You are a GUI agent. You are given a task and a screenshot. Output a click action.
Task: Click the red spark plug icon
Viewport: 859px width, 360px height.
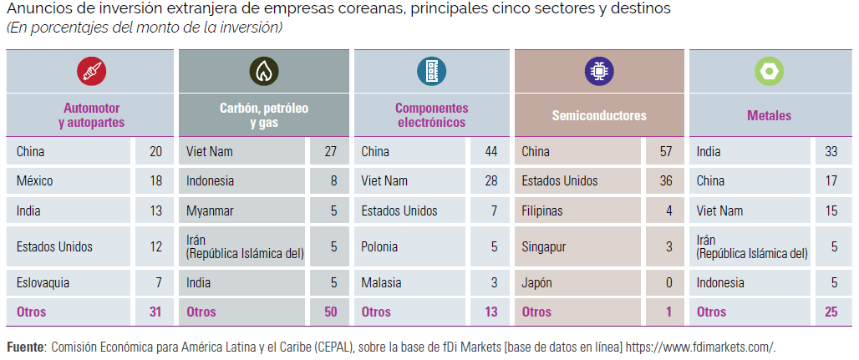click(91, 71)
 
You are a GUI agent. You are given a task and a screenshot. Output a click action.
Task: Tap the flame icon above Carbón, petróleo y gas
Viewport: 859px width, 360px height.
click(263, 71)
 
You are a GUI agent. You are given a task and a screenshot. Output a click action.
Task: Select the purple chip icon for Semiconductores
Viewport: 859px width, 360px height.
click(599, 71)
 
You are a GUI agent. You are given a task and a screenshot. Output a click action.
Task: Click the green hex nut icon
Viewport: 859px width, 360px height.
click(769, 71)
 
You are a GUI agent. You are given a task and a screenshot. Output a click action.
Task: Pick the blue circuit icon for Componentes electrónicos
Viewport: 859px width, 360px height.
click(432, 71)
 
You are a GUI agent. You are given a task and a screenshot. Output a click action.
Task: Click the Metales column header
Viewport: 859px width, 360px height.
click(769, 115)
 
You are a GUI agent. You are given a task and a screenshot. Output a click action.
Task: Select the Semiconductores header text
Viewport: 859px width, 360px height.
click(599, 115)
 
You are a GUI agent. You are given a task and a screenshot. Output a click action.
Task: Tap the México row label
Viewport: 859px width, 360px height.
click(35, 180)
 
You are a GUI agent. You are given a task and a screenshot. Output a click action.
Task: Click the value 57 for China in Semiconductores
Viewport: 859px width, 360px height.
click(666, 152)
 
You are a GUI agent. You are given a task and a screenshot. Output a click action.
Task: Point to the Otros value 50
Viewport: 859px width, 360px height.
click(330, 312)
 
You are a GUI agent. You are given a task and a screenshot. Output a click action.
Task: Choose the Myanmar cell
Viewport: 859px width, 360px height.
click(210, 210)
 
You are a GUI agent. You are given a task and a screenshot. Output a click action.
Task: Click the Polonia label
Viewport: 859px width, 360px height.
click(379, 246)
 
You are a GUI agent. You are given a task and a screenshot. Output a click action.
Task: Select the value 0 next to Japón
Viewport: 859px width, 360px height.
click(669, 283)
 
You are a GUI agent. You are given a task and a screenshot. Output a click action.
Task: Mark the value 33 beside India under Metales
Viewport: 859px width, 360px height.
click(831, 152)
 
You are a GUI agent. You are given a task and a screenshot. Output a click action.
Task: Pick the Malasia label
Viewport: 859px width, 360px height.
click(381, 283)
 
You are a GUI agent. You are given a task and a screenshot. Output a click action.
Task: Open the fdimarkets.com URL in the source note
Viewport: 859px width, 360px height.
click(701, 347)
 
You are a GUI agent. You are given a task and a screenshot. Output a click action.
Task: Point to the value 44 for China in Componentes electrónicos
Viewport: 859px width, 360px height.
click(490, 152)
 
